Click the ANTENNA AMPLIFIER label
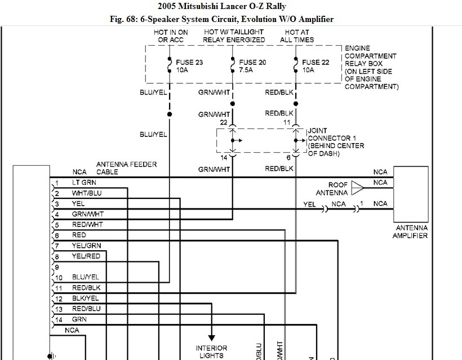(410, 232)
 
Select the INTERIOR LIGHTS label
(211, 352)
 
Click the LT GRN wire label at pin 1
(84, 183)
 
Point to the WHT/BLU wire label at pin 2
(86, 193)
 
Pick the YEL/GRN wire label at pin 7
(86, 246)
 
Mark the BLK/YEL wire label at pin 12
(86, 298)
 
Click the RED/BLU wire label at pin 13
(86, 309)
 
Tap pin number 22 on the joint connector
(223, 123)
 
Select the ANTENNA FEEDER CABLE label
(126, 168)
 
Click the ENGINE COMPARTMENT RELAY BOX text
(371, 68)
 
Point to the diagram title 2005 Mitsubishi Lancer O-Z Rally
(230, 7)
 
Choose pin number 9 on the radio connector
(57, 267)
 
